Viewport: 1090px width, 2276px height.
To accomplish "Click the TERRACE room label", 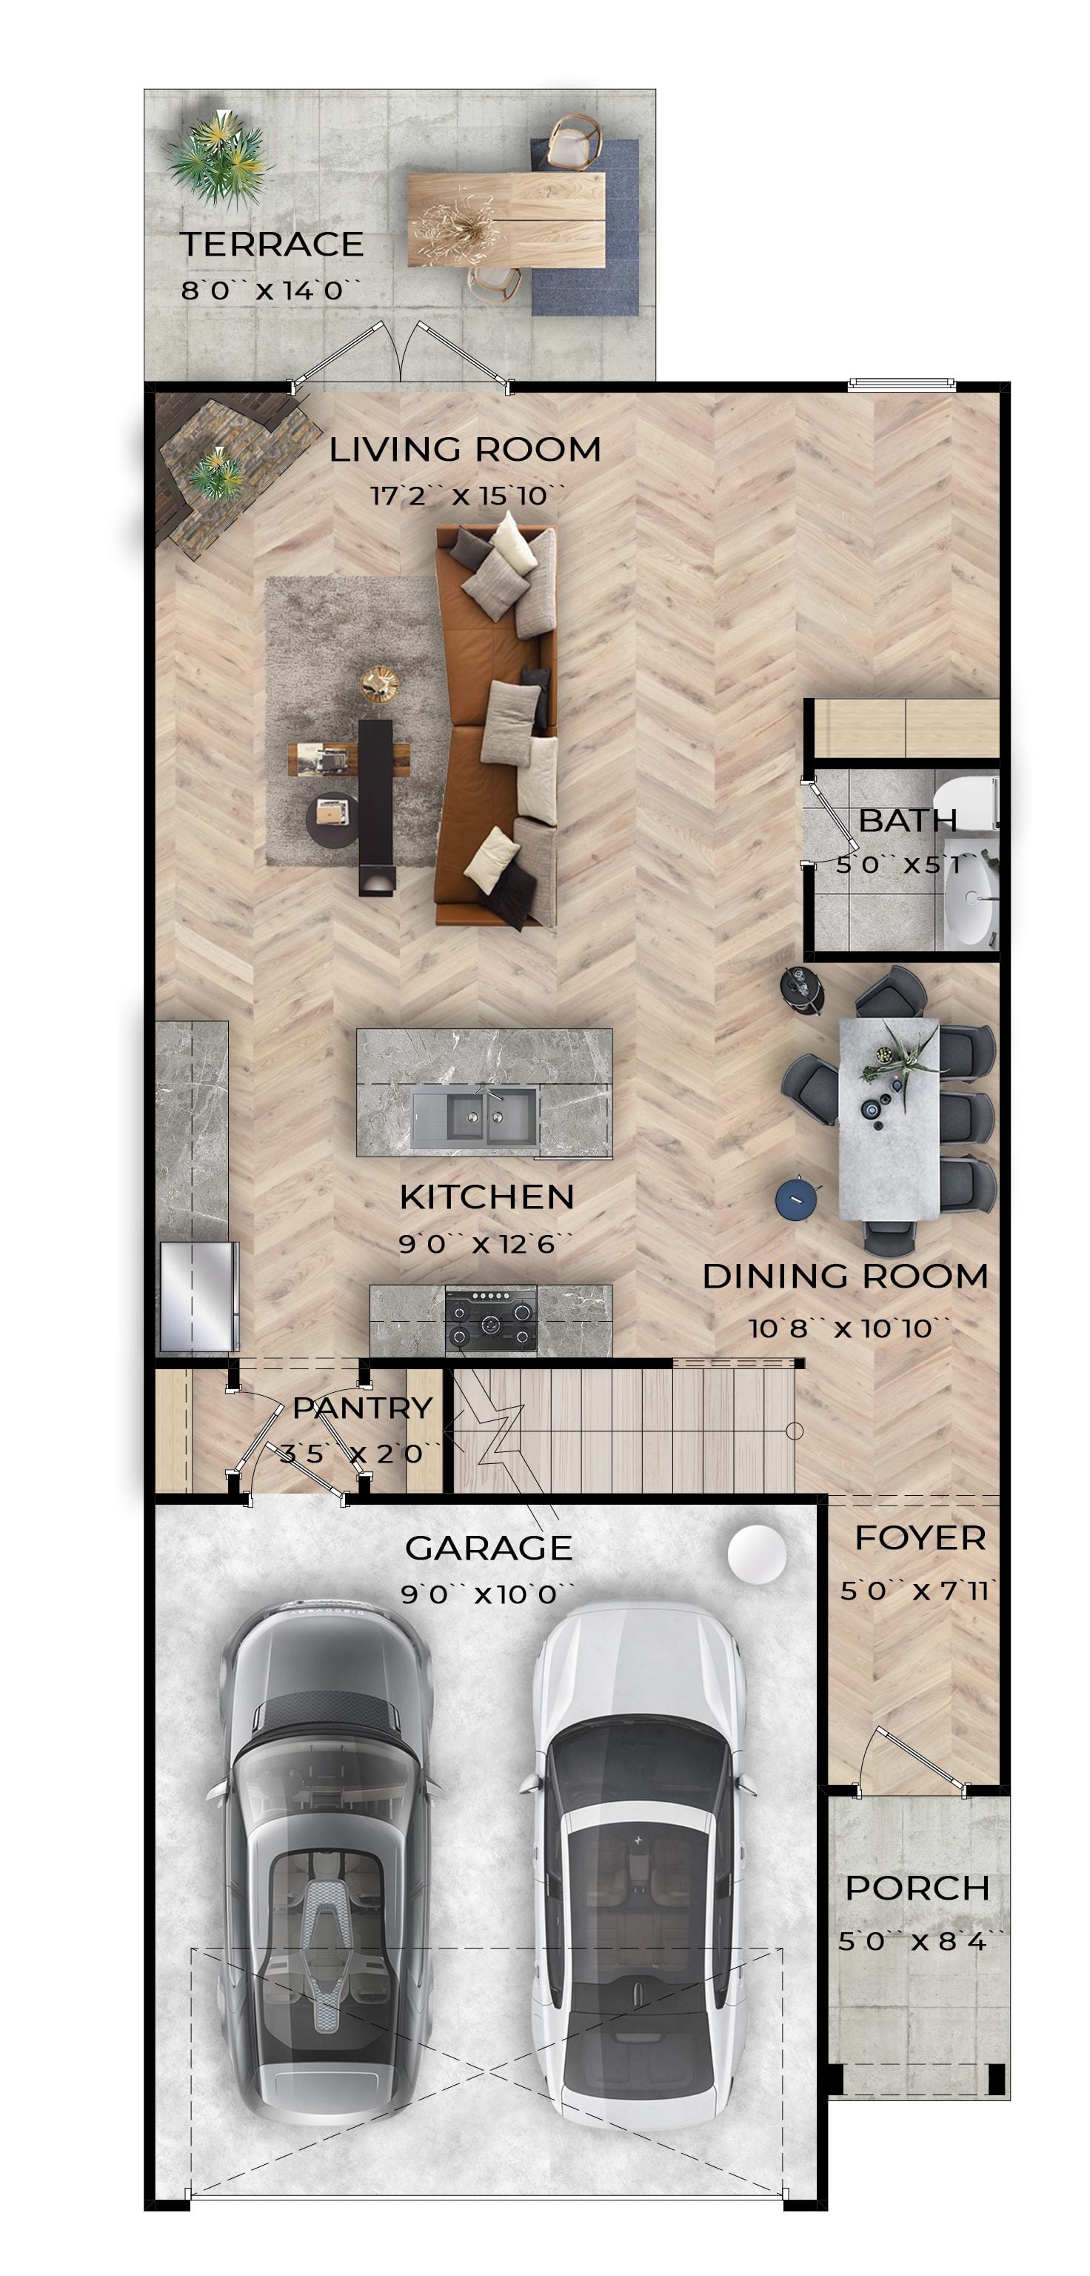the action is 272,244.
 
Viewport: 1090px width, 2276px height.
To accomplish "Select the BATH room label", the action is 907,821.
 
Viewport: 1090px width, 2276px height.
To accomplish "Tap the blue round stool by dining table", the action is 796,1199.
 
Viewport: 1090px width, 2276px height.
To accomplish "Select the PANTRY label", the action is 362,1408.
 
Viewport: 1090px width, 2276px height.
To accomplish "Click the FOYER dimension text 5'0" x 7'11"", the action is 920,1591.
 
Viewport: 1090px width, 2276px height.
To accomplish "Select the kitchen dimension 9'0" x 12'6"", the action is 487,1244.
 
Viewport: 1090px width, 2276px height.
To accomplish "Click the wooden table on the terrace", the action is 507,219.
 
